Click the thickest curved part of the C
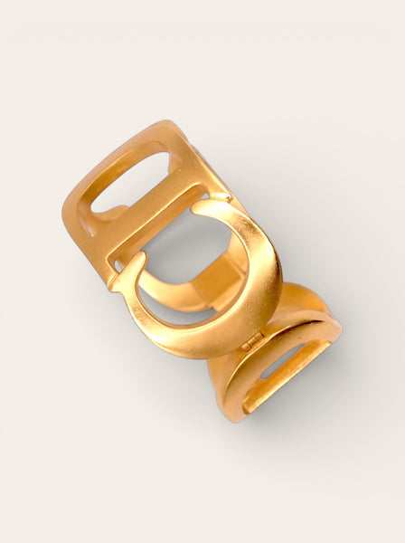tap(258, 281)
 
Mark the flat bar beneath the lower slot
tap(280, 398)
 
